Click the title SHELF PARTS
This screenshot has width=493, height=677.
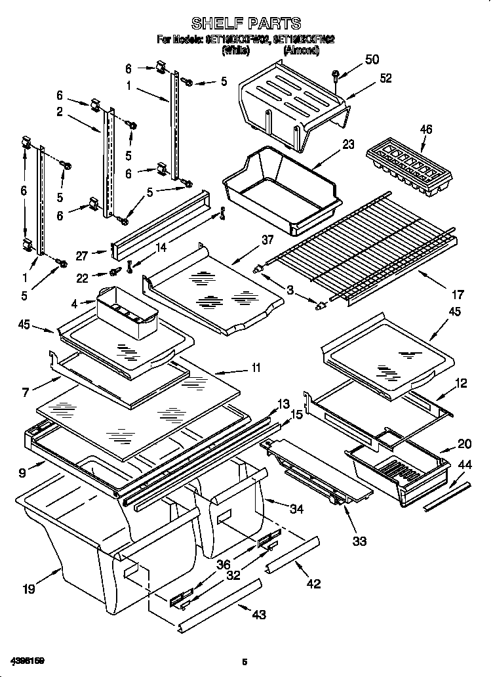pos(246,24)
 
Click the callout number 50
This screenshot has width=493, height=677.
pos(371,60)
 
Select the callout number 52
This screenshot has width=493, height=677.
pos(385,78)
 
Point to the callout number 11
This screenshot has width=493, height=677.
pos(255,368)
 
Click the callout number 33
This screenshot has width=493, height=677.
pos(359,541)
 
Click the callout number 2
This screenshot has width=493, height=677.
pos(59,112)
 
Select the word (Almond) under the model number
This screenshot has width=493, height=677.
pos(301,49)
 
